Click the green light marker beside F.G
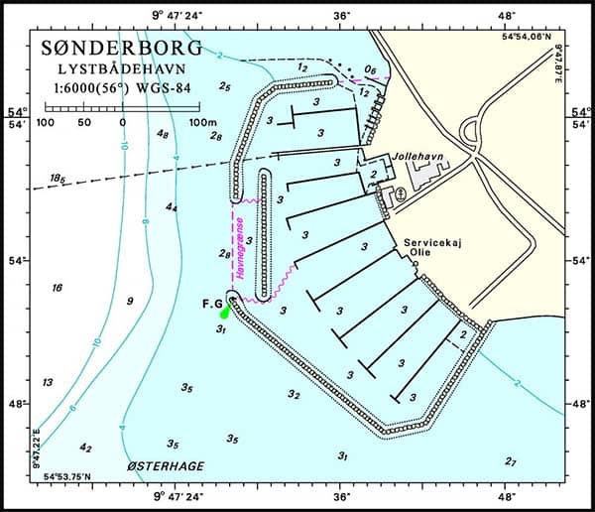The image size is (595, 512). pos(225,313)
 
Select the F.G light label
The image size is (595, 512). pos(211,301)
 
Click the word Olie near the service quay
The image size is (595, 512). pos(420,253)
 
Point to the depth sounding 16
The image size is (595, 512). pos(57,288)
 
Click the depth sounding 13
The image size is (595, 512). pos(47,382)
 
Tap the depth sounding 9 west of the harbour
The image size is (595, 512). pos(130,301)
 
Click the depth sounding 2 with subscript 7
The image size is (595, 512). pos(510,461)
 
